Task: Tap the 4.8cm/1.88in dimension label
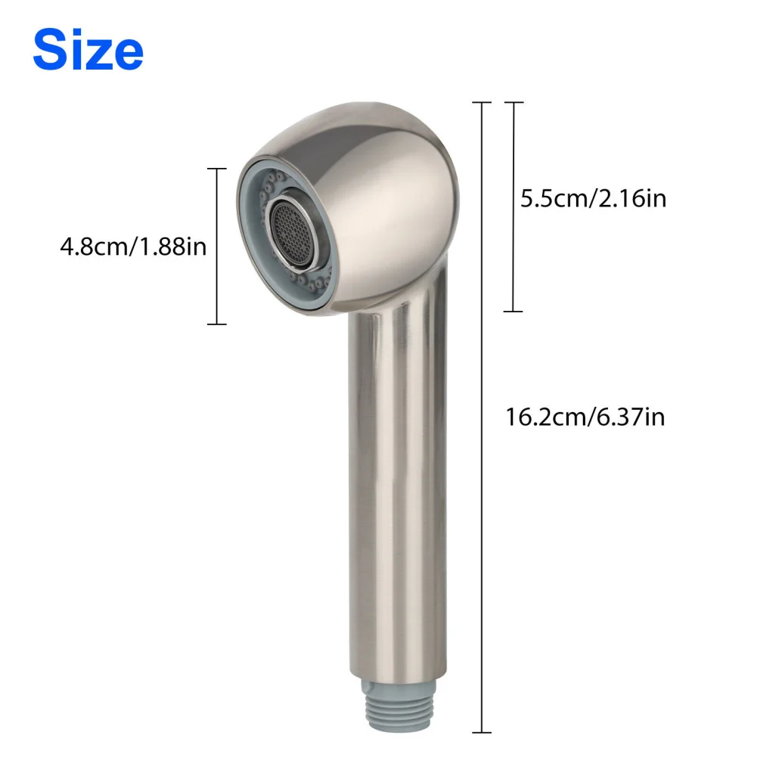click(x=133, y=247)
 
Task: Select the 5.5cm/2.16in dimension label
click(x=593, y=198)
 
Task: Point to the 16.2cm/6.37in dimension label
click(x=586, y=416)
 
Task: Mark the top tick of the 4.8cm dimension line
click(x=217, y=169)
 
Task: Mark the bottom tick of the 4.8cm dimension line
click(x=217, y=324)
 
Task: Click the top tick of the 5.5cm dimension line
click(x=513, y=102)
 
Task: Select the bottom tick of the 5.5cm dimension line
click(x=513, y=311)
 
